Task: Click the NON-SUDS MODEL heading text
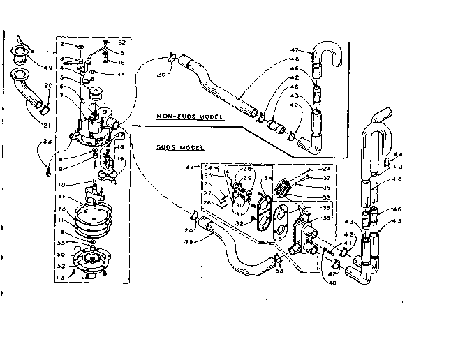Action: (x=189, y=117)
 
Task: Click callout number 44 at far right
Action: (x=399, y=155)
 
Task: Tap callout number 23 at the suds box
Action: (x=189, y=167)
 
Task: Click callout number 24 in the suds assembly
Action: (x=327, y=168)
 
